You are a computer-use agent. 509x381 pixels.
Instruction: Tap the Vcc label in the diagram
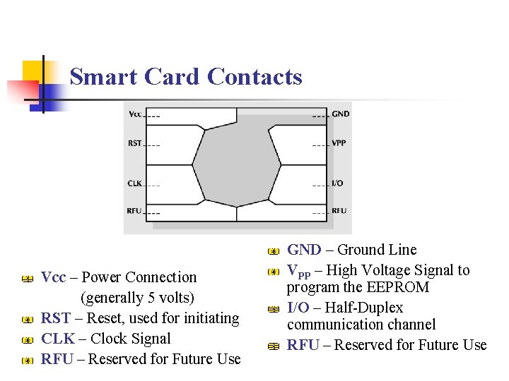click(x=134, y=114)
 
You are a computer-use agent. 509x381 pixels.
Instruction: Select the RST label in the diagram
click(x=134, y=143)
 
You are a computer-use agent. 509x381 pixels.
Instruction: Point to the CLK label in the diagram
click(x=134, y=183)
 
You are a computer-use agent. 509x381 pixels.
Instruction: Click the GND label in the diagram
click(x=340, y=114)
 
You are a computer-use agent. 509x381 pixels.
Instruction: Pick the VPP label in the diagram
click(x=339, y=143)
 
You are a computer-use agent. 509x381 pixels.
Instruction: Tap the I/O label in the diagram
click(x=337, y=183)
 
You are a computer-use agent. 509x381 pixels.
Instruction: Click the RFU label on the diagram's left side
click(x=134, y=211)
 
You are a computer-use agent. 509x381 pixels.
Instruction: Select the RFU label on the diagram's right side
click(x=339, y=211)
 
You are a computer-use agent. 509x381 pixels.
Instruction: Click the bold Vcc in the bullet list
click(x=54, y=277)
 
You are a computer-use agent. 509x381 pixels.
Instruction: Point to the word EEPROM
click(x=404, y=287)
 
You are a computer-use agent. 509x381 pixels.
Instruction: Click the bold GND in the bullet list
click(x=304, y=250)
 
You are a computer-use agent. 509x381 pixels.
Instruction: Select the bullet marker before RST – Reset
click(x=27, y=320)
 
